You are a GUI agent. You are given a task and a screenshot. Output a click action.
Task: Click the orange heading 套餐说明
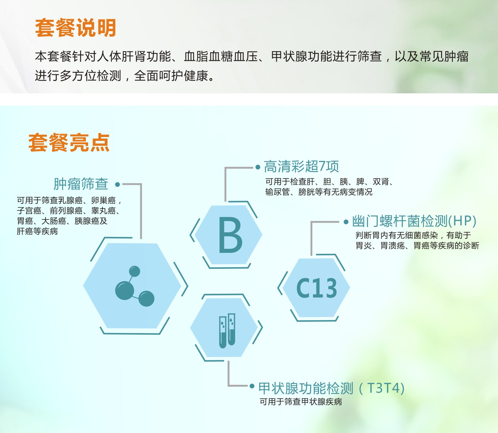coord(76,28)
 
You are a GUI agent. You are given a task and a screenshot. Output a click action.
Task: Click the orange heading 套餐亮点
coord(69,143)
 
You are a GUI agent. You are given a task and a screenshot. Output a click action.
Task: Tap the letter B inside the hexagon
coord(230,235)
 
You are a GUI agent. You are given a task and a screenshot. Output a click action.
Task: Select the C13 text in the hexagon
coord(316,288)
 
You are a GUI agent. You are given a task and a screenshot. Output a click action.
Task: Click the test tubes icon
coord(227,331)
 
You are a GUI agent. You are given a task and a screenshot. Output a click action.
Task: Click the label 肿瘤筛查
coord(81,184)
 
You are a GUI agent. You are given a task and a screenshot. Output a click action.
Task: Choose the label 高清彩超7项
coord(301,167)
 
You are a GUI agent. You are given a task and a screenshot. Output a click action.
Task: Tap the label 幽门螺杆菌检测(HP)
coord(414,221)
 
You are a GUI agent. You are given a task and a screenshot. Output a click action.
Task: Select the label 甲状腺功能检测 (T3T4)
coord(331,388)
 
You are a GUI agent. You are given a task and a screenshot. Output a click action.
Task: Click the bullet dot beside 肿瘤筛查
coord(117,185)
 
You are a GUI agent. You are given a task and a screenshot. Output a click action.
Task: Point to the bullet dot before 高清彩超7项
coord(258,167)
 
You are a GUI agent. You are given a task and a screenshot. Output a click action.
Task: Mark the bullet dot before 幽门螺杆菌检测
coord(346,222)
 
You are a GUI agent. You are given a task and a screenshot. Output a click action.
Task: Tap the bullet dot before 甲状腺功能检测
coord(252,386)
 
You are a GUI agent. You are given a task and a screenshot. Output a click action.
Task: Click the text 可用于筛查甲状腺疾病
coord(301,402)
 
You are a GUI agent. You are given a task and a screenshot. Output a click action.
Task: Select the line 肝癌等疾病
coord(37,231)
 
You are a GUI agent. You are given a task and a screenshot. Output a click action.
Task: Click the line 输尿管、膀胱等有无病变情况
coord(319,192)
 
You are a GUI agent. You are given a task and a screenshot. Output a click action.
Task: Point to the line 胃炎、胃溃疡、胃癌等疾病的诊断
coord(417,246)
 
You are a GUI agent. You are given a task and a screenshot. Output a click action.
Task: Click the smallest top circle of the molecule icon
coord(135,271)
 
